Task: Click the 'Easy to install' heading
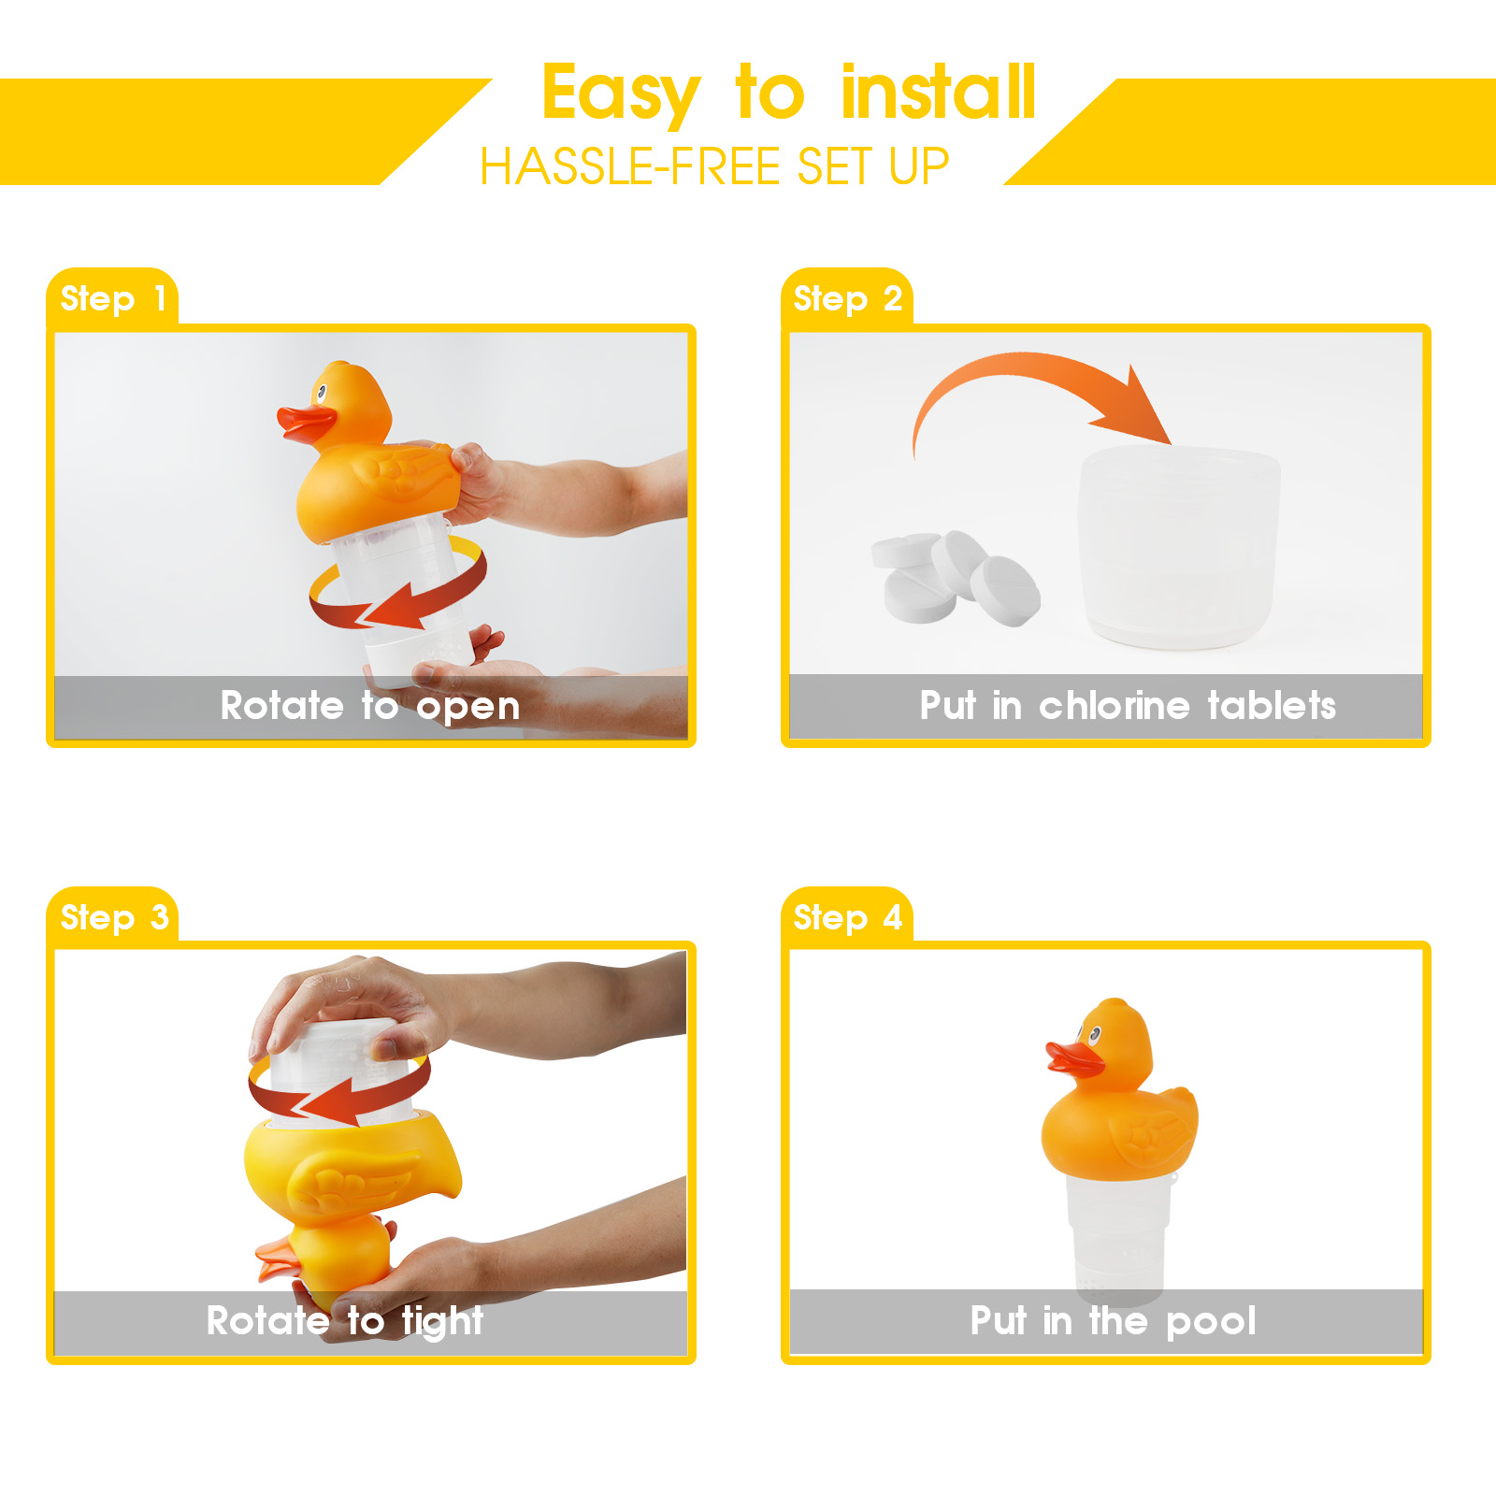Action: (x=789, y=93)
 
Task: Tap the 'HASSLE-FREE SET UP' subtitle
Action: (x=714, y=167)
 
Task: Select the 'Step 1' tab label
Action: (x=113, y=298)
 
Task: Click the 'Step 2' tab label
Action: (x=847, y=298)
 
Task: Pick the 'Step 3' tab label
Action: (x=114, y=917)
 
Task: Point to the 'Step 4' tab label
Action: (x=847, y=917)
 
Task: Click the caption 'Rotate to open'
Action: (x=370, y=707)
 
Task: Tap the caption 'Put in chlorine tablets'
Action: (x=1128, y=706)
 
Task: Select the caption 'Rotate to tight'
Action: (x=345, y=1322)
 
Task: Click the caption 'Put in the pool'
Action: (x=1113, y=1322)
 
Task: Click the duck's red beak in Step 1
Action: (x=305, y=424)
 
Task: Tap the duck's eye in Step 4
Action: (x=1093, y=1034)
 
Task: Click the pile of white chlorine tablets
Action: (x=956, y=578)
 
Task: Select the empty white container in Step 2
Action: (x=1178, y=547)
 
